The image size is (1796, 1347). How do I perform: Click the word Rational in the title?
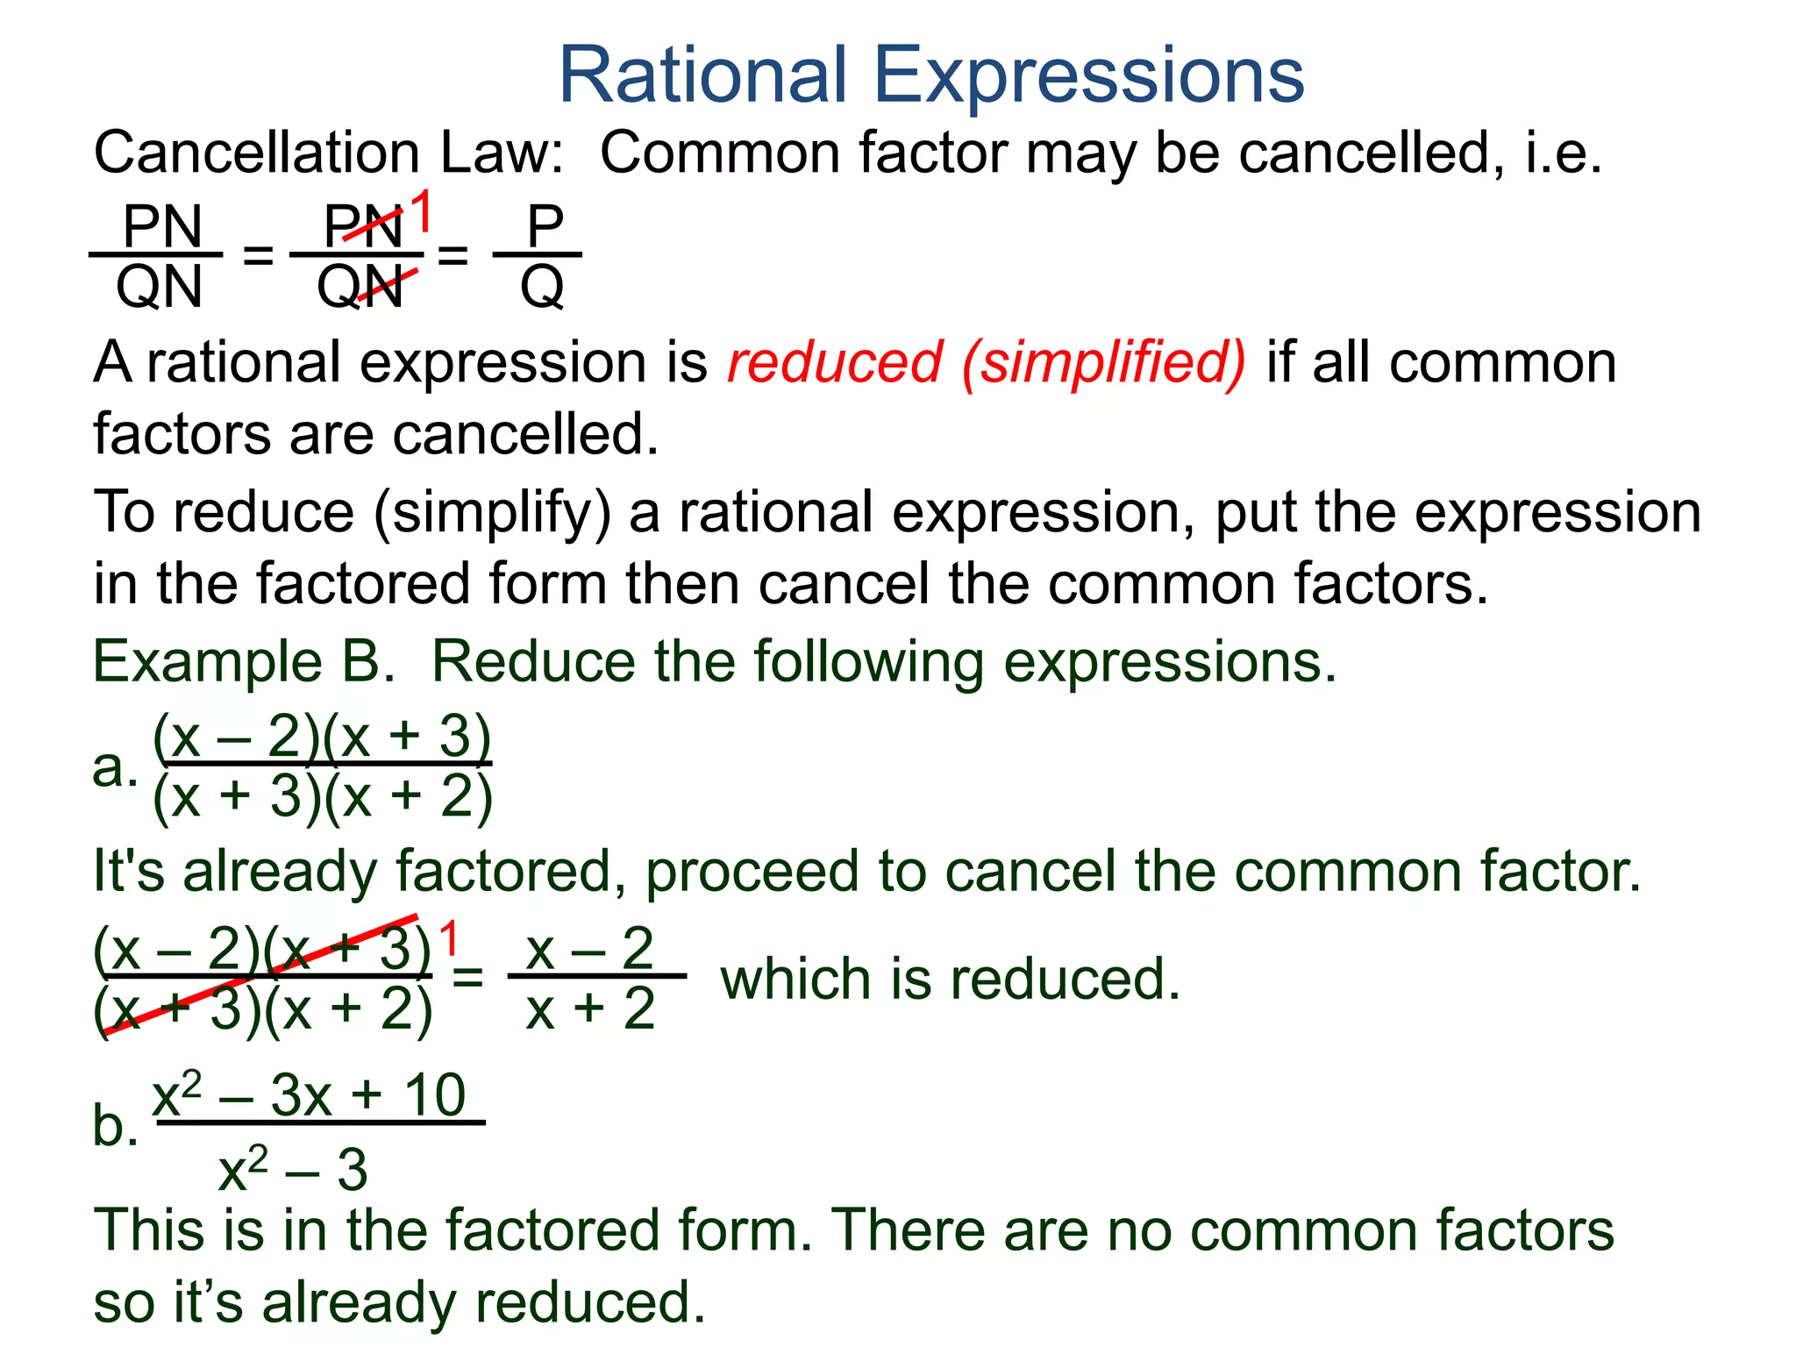point(702,75)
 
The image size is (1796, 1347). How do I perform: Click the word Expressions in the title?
point(1089,77)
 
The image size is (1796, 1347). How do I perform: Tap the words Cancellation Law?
point(328,153)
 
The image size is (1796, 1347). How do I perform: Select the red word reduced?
point(834,362)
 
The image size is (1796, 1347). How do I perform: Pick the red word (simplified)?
point(1103,362)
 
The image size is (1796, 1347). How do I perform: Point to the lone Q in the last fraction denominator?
point(542,287)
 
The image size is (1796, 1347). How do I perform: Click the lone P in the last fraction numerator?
point(545,226)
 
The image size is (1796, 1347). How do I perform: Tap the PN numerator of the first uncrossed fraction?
point(162,226)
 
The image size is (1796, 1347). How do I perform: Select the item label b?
point(115,1125)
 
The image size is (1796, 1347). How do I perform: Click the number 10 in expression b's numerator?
point(434,1095)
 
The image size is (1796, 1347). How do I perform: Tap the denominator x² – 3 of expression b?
point(293,1169)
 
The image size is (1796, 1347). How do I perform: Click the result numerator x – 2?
point(589,948)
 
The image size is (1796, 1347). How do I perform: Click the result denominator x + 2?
point(590,1008)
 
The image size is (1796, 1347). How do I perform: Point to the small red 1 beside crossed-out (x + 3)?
point(449,939)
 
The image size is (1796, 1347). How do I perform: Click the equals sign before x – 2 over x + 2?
point(467,976)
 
